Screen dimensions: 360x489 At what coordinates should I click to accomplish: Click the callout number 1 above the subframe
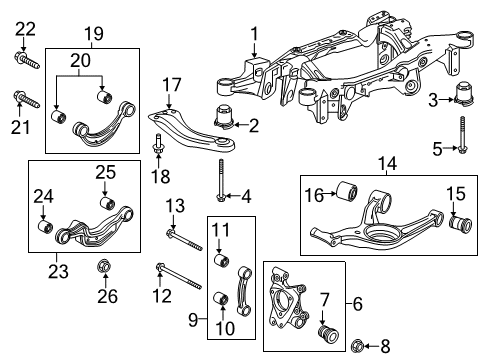254,33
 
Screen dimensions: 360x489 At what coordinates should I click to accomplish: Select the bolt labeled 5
461,141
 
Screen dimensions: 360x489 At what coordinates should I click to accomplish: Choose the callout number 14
384,160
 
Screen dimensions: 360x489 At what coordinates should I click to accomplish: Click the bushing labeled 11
221,262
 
